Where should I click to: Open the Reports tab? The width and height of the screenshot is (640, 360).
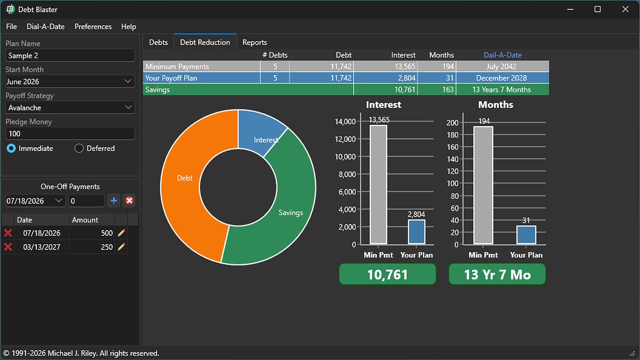coord(254,42)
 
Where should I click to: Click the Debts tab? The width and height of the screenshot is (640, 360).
coord(158,42)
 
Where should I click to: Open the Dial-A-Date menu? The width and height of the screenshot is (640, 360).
coord(45,27)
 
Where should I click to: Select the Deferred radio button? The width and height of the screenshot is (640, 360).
coord(79,148)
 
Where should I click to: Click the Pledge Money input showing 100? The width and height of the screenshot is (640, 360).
coord(70,134)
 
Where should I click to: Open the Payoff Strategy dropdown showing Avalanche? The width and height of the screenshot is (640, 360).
coord(70,107)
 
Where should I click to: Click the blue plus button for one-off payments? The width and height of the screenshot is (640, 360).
coord(114,201)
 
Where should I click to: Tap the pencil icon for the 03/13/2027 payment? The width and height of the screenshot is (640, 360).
coord(121,247)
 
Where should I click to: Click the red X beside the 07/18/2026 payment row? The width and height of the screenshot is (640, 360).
coord(8,233)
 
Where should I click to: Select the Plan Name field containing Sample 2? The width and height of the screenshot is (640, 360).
coord(70,55)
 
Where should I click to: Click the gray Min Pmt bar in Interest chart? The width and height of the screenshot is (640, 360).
coord(378,184)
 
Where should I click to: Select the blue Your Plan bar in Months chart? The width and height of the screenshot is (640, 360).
coord(526,235)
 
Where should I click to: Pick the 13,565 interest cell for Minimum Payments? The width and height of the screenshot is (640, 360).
coord(386,67)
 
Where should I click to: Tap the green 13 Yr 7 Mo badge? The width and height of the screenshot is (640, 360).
coord(497,274)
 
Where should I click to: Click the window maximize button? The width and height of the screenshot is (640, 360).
coord(597,9)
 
